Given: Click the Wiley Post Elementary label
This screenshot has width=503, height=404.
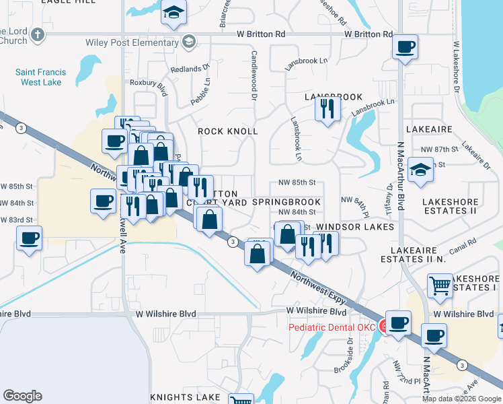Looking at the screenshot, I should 132,42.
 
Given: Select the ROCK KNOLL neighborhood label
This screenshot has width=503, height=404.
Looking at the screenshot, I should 227,131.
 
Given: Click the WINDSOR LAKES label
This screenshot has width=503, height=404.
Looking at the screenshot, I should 354,227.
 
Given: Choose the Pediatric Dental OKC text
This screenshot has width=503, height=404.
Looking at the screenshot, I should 331,327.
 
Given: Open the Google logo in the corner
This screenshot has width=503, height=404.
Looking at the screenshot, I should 22,396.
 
